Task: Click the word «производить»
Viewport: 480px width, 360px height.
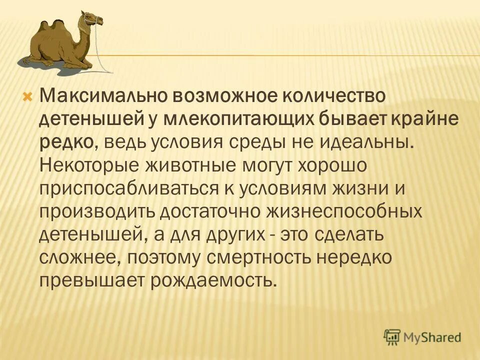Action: pos(97,211)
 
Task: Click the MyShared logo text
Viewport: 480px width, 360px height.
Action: pos(432,337)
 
